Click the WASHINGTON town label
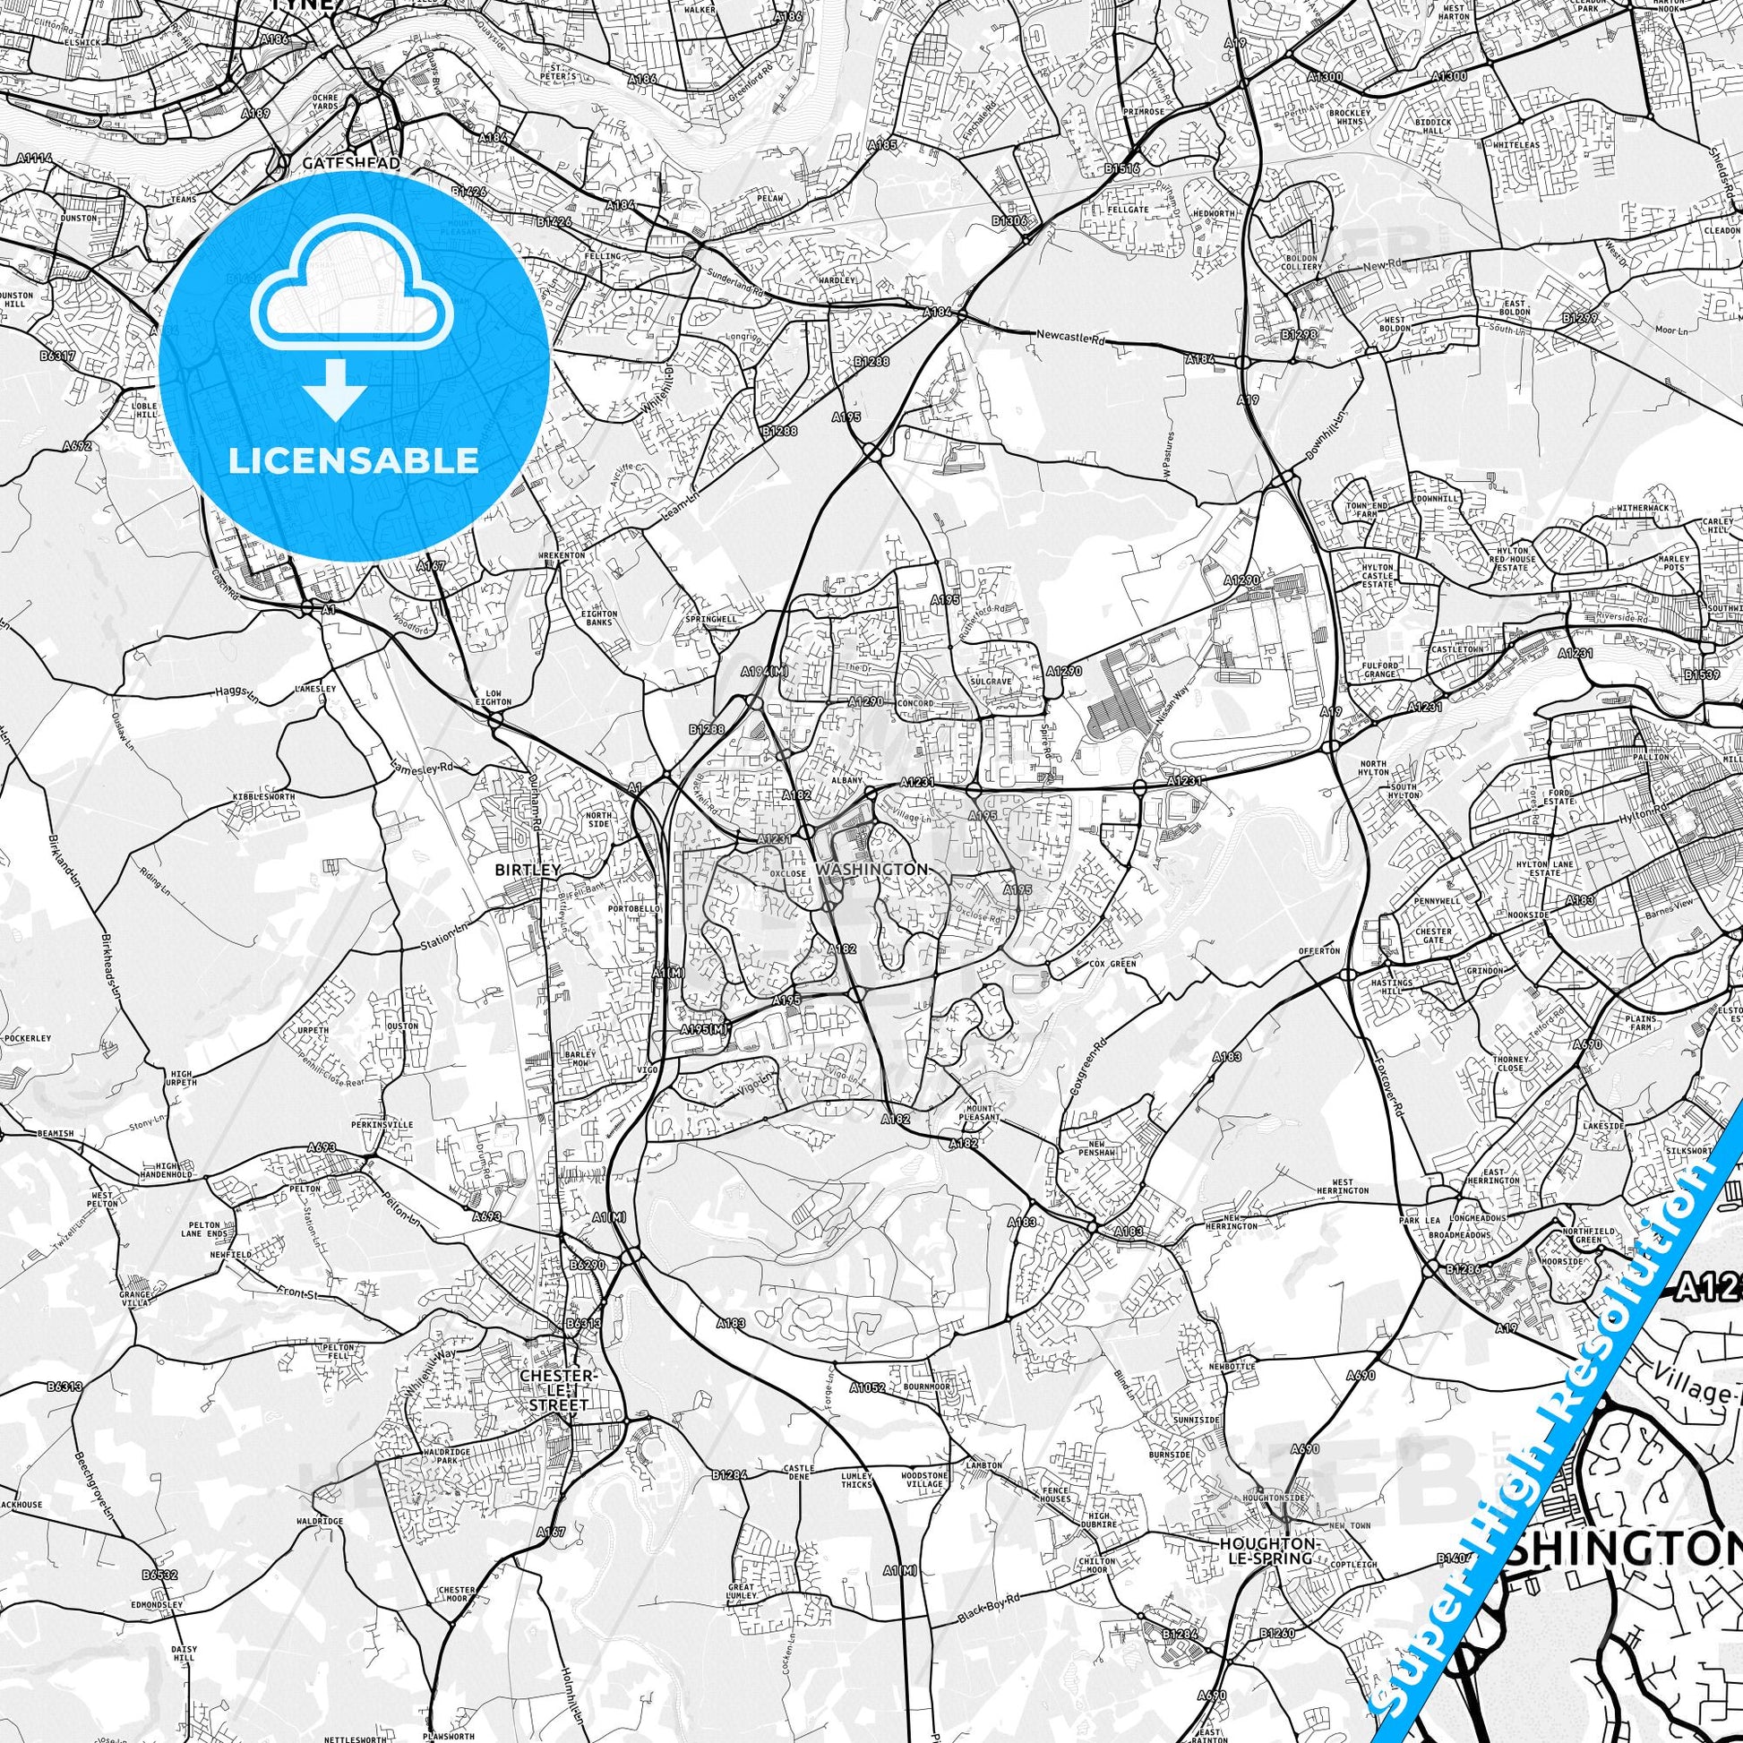coord(871,869)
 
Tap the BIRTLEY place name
coord(528,870)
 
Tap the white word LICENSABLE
coord(353,460)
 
